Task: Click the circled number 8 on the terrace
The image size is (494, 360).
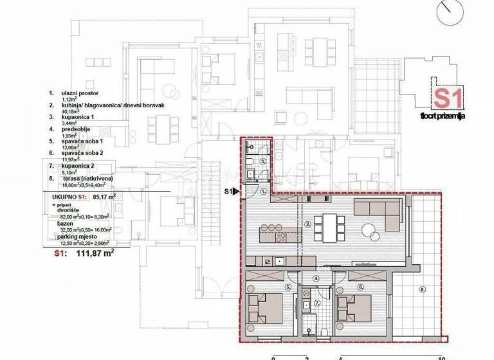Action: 422,289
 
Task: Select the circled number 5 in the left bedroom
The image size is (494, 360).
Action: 289,287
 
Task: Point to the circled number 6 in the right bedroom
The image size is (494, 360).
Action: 361,287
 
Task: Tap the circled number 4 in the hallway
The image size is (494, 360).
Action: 316,278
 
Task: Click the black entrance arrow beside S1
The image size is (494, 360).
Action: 237,191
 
